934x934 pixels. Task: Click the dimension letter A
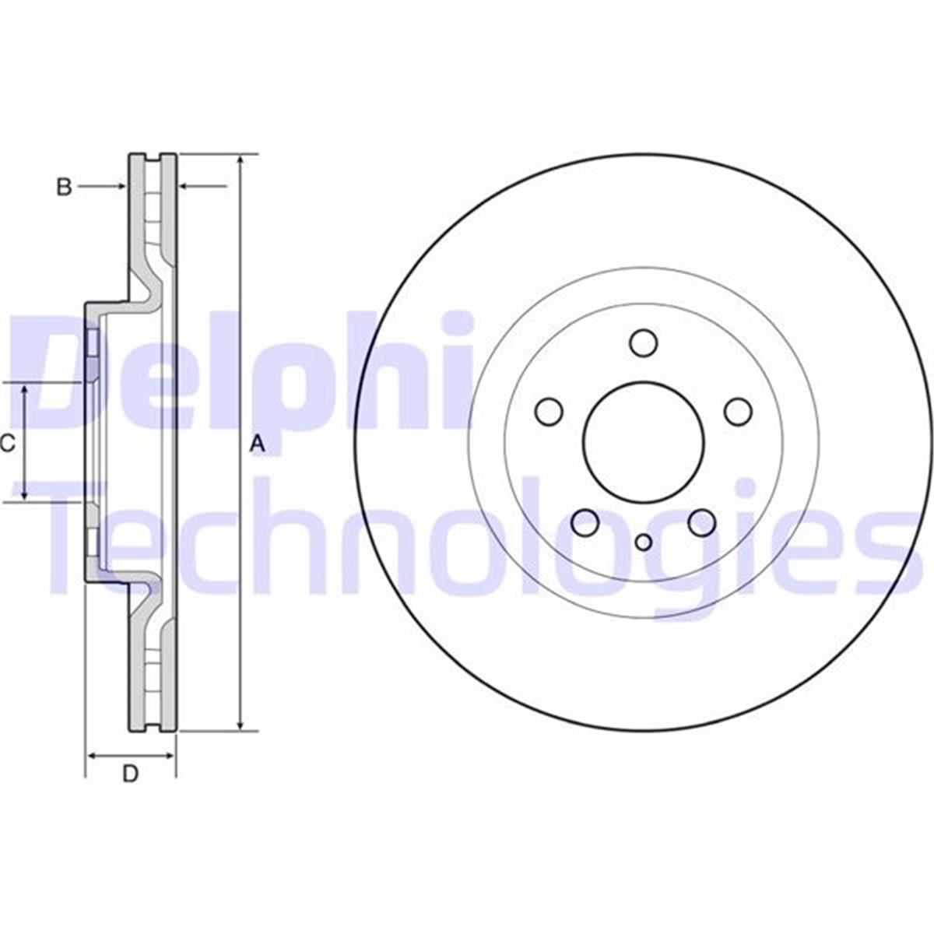(258, 444)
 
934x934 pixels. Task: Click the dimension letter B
(65, 187)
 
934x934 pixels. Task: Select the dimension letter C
(8, 444)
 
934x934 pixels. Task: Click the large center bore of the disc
(644, 443)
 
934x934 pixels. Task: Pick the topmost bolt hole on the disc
(644, 342)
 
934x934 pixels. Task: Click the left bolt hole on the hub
(550, 411)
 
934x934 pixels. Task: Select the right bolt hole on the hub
(738, 411)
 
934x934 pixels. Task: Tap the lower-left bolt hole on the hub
(585, 522)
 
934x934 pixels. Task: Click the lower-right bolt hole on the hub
(702, 522)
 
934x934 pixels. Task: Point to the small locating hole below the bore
(644, 542)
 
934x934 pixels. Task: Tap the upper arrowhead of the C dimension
(25, 389)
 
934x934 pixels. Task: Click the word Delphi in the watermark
(241, 374)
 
